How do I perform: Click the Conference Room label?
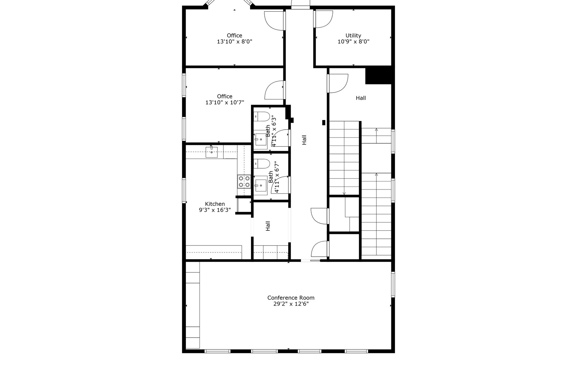point(291,298)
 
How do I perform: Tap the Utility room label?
point(353,36)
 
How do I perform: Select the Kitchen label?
point(215,204)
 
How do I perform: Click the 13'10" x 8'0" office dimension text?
point(235,42)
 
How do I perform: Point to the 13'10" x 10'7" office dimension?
point(225,102)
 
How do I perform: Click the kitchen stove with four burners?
point(244,181)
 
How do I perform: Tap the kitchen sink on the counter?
point(212,152)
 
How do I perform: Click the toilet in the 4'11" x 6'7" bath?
point(262,164)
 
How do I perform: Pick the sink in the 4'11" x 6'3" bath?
point(261,140)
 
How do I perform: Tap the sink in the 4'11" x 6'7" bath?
point(261,185)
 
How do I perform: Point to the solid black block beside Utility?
point(379,76)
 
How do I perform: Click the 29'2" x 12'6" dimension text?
point(291,304)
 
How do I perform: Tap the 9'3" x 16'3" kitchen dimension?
point(215,210)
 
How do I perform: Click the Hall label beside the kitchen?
point(268,226)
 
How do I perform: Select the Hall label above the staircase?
point(361,98)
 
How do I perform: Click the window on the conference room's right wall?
point(393,284)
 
